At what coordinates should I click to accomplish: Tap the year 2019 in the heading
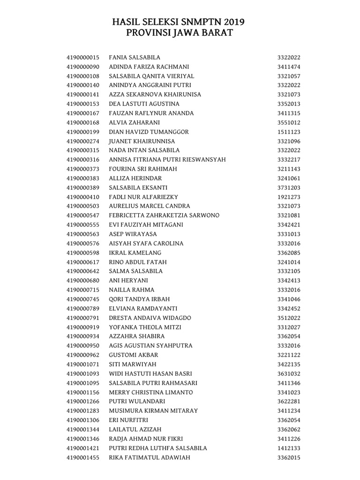234,22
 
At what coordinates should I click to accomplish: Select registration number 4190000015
83,57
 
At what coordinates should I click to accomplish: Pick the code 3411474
288,67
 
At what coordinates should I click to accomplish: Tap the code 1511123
288,132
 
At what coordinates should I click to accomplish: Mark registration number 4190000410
83,197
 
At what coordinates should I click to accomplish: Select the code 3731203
288,187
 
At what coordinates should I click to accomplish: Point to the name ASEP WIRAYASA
131,234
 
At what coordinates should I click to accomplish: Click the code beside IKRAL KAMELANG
288,253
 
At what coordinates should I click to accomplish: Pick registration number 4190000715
83,290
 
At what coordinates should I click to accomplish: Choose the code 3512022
288,318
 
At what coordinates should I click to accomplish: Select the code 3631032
288,374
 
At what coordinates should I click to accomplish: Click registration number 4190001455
83,457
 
